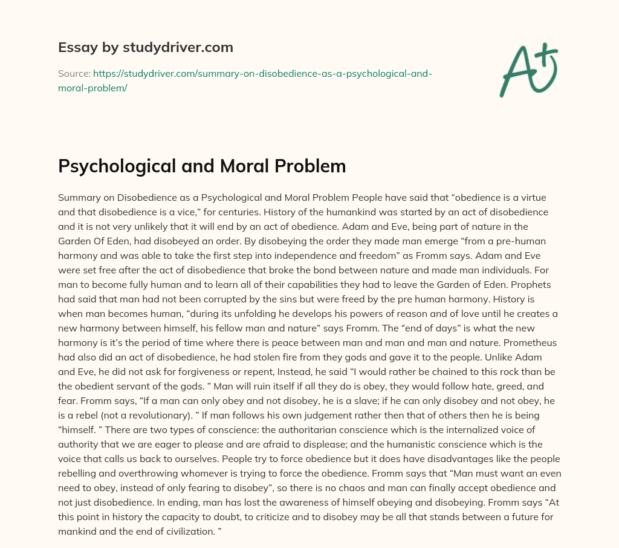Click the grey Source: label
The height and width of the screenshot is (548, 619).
pos(74,74)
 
